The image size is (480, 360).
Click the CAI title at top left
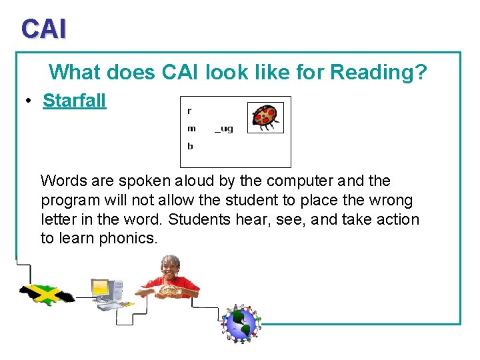[x=43, y=29]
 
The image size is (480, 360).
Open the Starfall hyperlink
[x=74, y=101]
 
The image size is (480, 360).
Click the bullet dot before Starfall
[x=29, y=101]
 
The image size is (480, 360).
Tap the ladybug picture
[x=265, y=117]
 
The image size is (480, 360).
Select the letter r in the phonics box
[x=189, y=111]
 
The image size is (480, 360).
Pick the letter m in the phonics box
[x=191, y=129]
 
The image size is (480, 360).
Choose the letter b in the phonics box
[x=190, y=146]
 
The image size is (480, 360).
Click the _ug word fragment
[x=223, y=129]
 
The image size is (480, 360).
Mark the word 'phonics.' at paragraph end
[x=128, y=239]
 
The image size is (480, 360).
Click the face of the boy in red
[x=171, y=267]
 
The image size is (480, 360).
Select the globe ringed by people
[x=241, y=325]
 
